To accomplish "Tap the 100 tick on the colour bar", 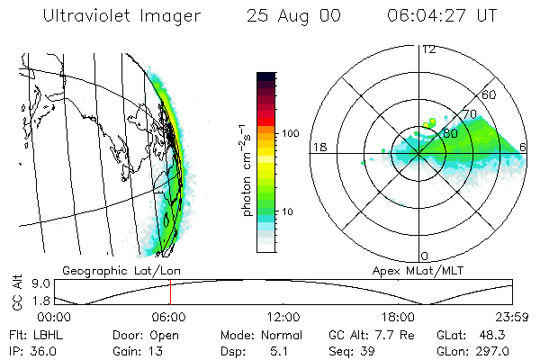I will tap(291, 133).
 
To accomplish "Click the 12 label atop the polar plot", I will tap(428, 49).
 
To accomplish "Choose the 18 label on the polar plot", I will tap(318, 147).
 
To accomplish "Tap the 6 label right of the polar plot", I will tap(524, 147).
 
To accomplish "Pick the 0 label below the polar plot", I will tap(424, 256).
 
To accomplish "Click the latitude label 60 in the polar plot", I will tap(490, 94).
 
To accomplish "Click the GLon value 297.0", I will tap(493, 350).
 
